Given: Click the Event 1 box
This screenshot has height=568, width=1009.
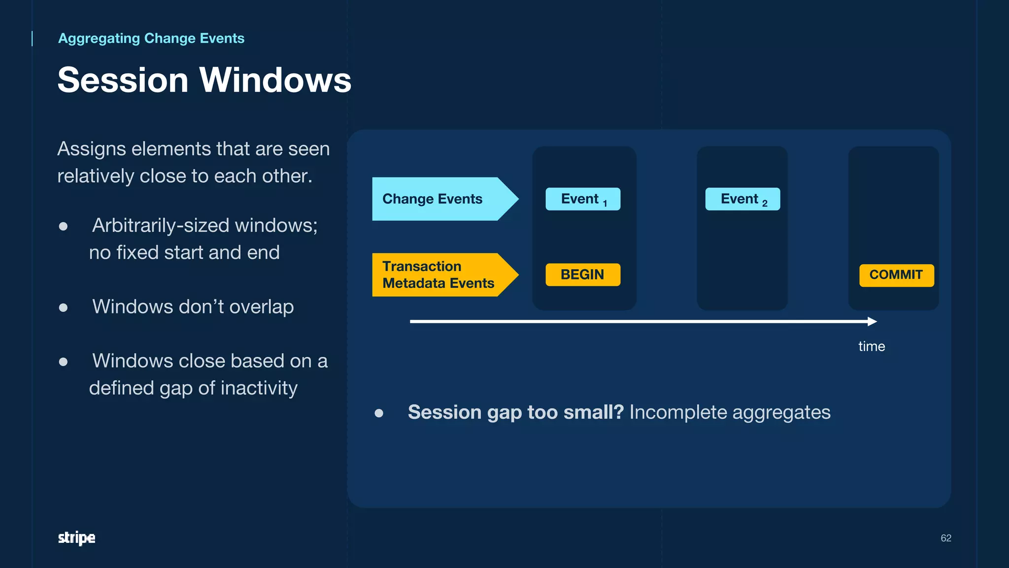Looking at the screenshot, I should (x=583, y=199).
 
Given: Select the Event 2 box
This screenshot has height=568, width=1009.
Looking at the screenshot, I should (x=742, y=199).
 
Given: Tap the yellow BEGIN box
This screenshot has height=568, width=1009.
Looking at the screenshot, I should (x=583, y=275).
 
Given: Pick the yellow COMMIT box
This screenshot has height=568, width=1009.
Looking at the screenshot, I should (x=896, y=275).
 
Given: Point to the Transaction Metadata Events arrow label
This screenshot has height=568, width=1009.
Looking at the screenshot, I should (x=437, y=275).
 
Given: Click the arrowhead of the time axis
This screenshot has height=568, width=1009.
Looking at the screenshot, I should (x=873, y=321).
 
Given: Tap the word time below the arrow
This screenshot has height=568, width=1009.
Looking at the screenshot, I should (x=872, y=346).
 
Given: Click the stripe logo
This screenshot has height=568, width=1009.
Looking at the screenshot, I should (x=76, y=537).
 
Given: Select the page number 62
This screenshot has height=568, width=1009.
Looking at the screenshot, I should (x=945, y=538).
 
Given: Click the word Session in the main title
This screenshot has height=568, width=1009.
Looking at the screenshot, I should (x=123, y=80).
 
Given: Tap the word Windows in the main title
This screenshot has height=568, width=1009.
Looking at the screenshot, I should (x=275, y=80).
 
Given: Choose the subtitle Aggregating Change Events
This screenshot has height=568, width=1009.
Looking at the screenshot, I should (x=151, y=38).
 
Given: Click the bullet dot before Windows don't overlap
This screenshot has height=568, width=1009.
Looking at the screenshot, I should (x=63, y=308).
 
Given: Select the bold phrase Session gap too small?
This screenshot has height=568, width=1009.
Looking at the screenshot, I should (x=516, y=412).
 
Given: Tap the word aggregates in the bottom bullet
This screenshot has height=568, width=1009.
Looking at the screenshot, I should (x=781, y=412).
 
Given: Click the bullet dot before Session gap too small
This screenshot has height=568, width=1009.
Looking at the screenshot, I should (x=379, y=413).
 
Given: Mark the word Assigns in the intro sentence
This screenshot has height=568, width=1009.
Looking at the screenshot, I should (x=91, y=149).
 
